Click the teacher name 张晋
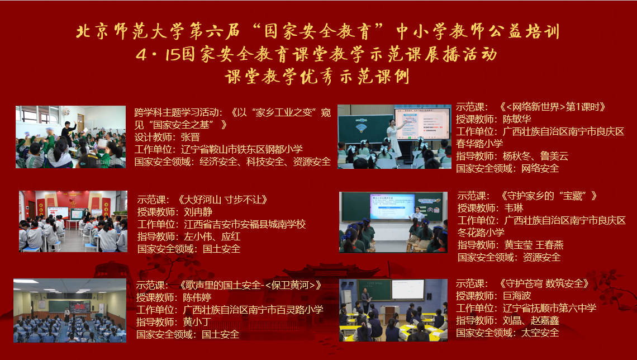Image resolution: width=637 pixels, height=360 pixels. pos(190,138)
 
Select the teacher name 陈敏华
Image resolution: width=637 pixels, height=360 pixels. pos(517,120)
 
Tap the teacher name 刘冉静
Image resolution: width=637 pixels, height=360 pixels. pos(198,212)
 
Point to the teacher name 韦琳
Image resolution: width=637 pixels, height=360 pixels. pos(514,209)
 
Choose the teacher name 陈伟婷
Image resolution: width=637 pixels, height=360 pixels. pos(197,298)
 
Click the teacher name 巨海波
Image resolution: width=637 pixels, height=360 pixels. pos(517,296)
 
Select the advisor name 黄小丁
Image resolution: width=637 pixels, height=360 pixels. pos(197,322)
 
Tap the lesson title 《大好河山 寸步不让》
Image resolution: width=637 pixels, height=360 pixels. pos(222,200)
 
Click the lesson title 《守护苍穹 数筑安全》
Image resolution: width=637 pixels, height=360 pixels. pos(544,283)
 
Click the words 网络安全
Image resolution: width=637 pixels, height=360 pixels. pos(540,168)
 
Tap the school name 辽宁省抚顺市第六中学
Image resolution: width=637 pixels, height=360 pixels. pos(550,309)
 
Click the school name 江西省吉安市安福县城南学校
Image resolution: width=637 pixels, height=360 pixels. pos(245,224)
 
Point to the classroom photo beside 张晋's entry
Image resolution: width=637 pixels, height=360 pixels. pos(71,137)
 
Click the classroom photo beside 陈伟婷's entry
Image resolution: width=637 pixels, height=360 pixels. pos(70,310)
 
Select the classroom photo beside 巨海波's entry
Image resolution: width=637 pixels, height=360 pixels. pos(393,310)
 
